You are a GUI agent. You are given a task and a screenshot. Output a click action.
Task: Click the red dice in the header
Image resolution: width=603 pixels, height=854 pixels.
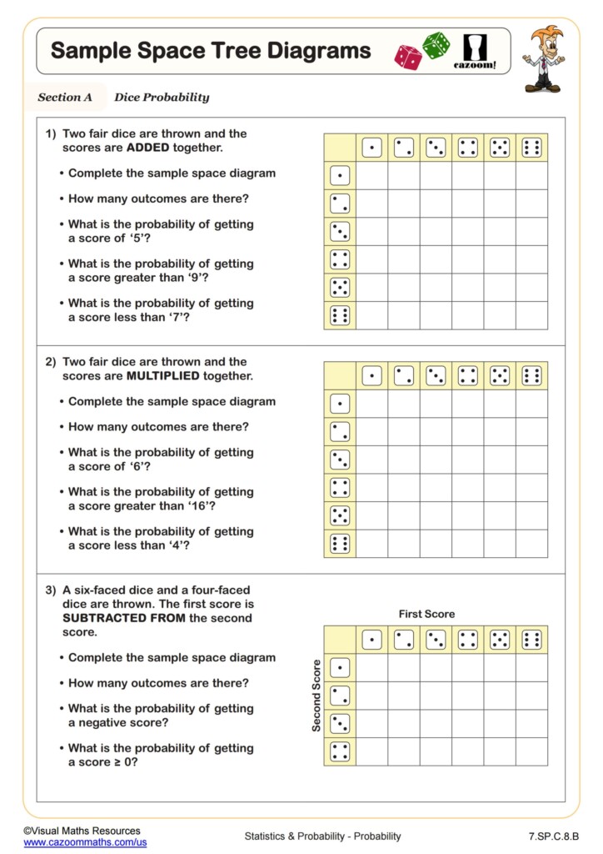click(408, 57)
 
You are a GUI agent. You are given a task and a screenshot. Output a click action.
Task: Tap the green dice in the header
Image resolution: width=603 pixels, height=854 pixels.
click(436, 45)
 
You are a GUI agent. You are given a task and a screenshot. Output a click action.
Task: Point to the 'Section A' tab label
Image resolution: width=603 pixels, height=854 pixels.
click(65, 98)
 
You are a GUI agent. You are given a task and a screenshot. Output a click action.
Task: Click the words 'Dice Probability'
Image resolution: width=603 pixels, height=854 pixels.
click(162, 98)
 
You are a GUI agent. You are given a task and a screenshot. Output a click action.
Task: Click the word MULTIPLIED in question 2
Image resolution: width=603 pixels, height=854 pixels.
click(162, 376)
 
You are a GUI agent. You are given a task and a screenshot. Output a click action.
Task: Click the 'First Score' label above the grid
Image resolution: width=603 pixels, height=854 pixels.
click(426, 614)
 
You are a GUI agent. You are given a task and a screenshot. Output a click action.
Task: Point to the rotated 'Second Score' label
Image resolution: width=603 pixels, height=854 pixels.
click(316, 696)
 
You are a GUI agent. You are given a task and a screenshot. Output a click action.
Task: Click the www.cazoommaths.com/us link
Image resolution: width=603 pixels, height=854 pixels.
click(85, 843)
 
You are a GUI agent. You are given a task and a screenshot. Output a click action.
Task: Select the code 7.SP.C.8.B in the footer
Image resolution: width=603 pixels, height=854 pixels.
click(553, 836)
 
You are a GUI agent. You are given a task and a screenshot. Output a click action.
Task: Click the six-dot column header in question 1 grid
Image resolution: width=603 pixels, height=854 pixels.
click(531, 148)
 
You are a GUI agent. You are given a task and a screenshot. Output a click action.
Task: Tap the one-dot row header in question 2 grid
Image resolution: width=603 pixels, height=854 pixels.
click(340, 404)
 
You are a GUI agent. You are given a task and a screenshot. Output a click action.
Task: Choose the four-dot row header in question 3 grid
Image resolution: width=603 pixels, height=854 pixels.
click(340, 751)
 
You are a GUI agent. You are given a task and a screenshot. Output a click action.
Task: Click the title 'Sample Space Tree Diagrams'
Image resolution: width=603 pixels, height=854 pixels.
click(211, 51)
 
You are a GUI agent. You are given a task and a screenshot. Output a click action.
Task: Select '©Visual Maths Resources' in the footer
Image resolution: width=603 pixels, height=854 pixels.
click(82, 831)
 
